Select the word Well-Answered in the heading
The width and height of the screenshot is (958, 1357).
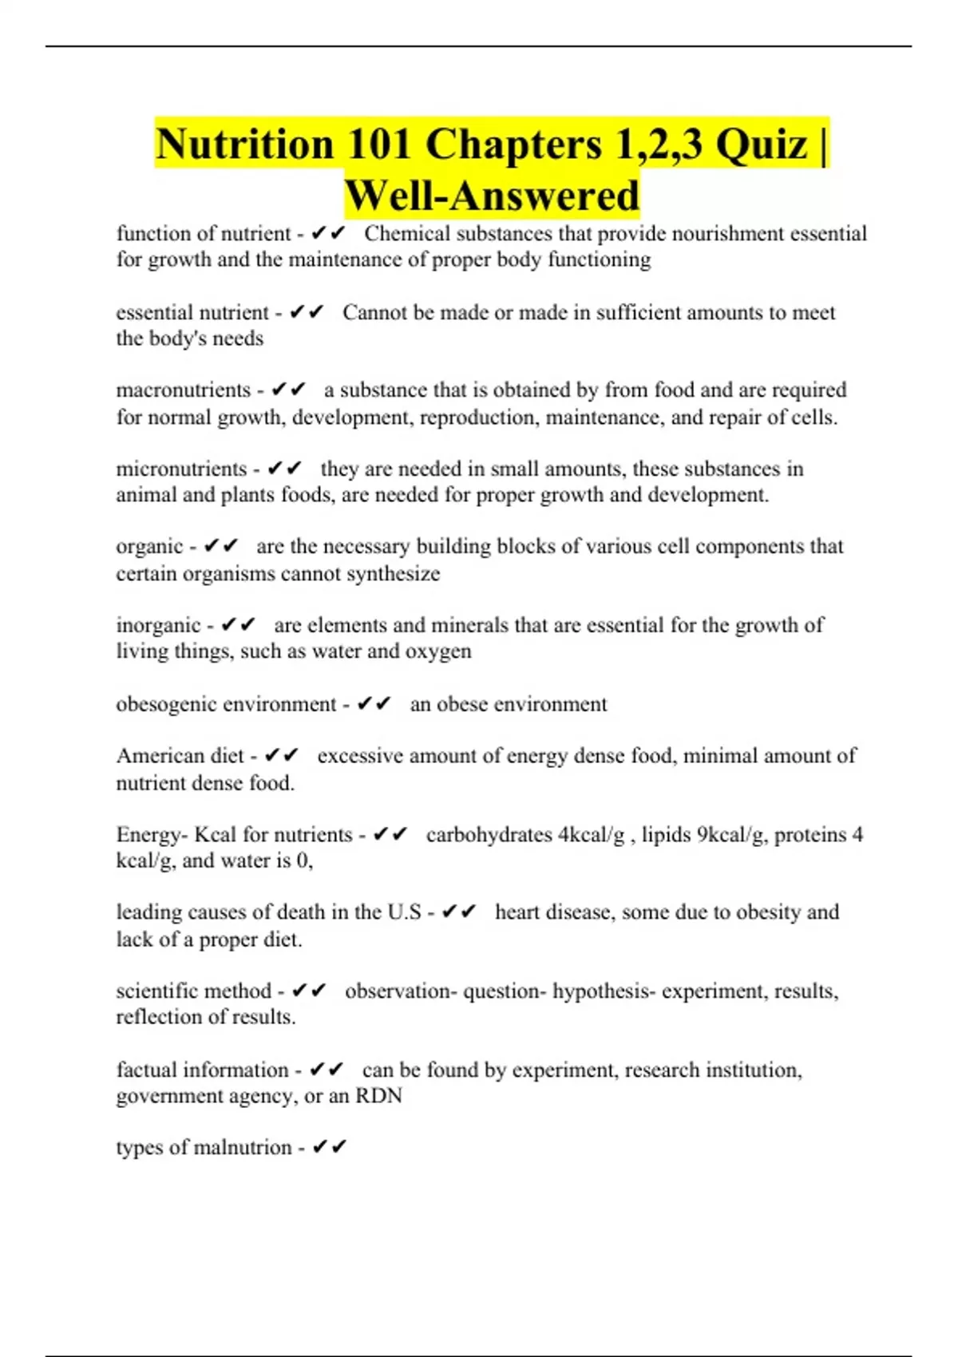(492, 196)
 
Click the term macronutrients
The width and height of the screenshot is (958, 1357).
(184, 390)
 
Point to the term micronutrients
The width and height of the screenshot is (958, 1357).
(181, 469)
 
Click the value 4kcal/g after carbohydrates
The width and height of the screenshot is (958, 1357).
(591, 834)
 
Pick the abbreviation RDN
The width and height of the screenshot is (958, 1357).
(378, 1095)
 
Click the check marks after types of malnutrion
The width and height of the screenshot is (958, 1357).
(329, 1147)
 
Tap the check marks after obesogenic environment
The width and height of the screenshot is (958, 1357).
(374, 704)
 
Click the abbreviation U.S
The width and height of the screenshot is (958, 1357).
(404, 912)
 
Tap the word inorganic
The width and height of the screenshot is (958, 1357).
(158, 625)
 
